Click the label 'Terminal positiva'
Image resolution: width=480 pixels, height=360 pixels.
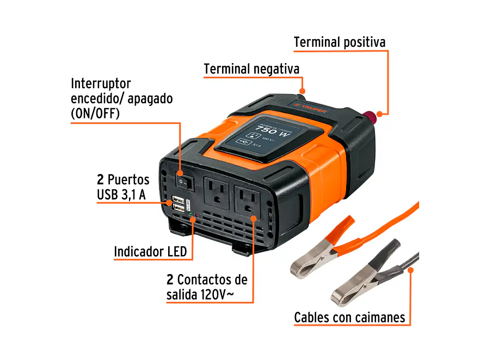(x=339, y=42)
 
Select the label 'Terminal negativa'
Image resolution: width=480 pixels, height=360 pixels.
(x=251, y=69)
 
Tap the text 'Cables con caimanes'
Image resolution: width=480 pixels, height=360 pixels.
(x=349, y=317)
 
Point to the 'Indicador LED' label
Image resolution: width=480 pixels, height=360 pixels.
(x=150, y=251)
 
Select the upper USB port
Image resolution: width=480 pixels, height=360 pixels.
(x=177, y=198)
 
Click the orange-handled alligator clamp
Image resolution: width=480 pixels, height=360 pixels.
(x=321, y=247)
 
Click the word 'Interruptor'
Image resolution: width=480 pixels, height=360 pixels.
(x=101, y=84)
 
